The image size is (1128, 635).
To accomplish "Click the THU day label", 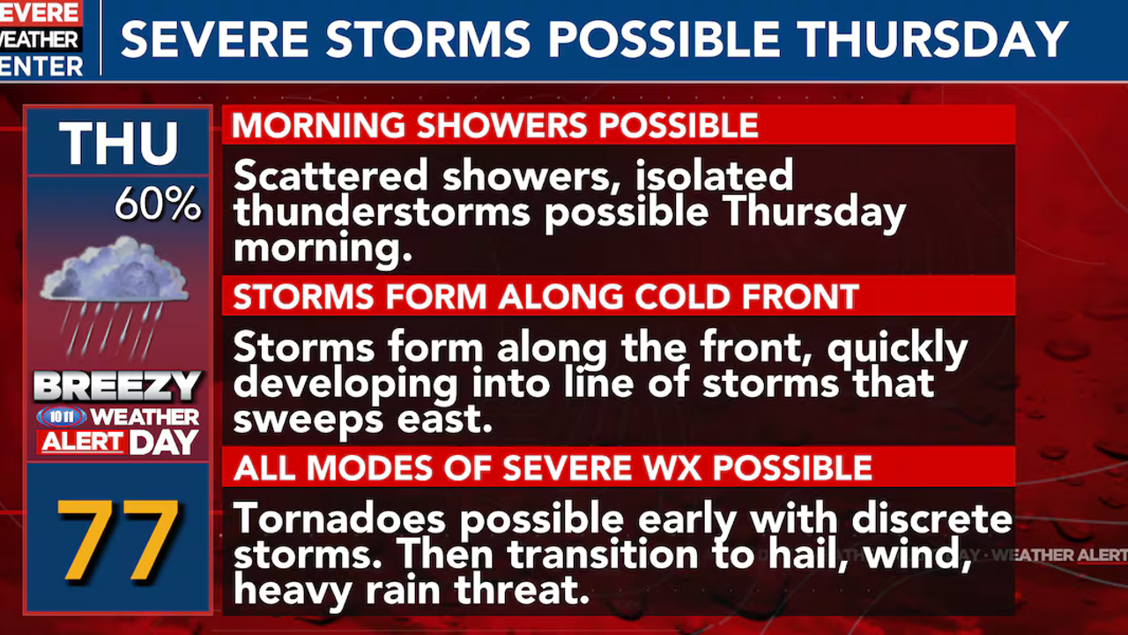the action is pyautogui.click(x=118, y=143).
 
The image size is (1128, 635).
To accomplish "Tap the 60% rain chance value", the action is pyautogui.click(x=158, y=204).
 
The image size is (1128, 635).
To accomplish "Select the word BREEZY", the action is pyautogui.click(x=117, y=386).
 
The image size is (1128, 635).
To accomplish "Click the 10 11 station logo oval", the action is pyautogui.click(x=62, y=417).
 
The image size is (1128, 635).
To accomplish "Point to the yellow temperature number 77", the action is pyautogui.click(x=118, y=540).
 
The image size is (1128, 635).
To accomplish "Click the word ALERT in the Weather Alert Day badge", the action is pyautogui.click(x=82, y=443).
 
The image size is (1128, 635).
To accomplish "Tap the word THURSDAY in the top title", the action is pyautogui.click(x=932, y=39).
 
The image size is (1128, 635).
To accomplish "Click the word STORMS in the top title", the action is pyautogui.click(x=428, y=39).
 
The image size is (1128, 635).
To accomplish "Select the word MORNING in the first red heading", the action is pyautogui.click(x=319, y=125).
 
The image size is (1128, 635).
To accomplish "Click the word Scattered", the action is pyautogui.click(x=330, y=175).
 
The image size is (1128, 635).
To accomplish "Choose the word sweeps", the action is pyautogui.click(x=308, y=421).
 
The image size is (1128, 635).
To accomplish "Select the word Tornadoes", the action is pyautogui.click(x=339, y=519).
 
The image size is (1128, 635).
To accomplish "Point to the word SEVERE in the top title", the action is pyautogui.click(x=214, y=39).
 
